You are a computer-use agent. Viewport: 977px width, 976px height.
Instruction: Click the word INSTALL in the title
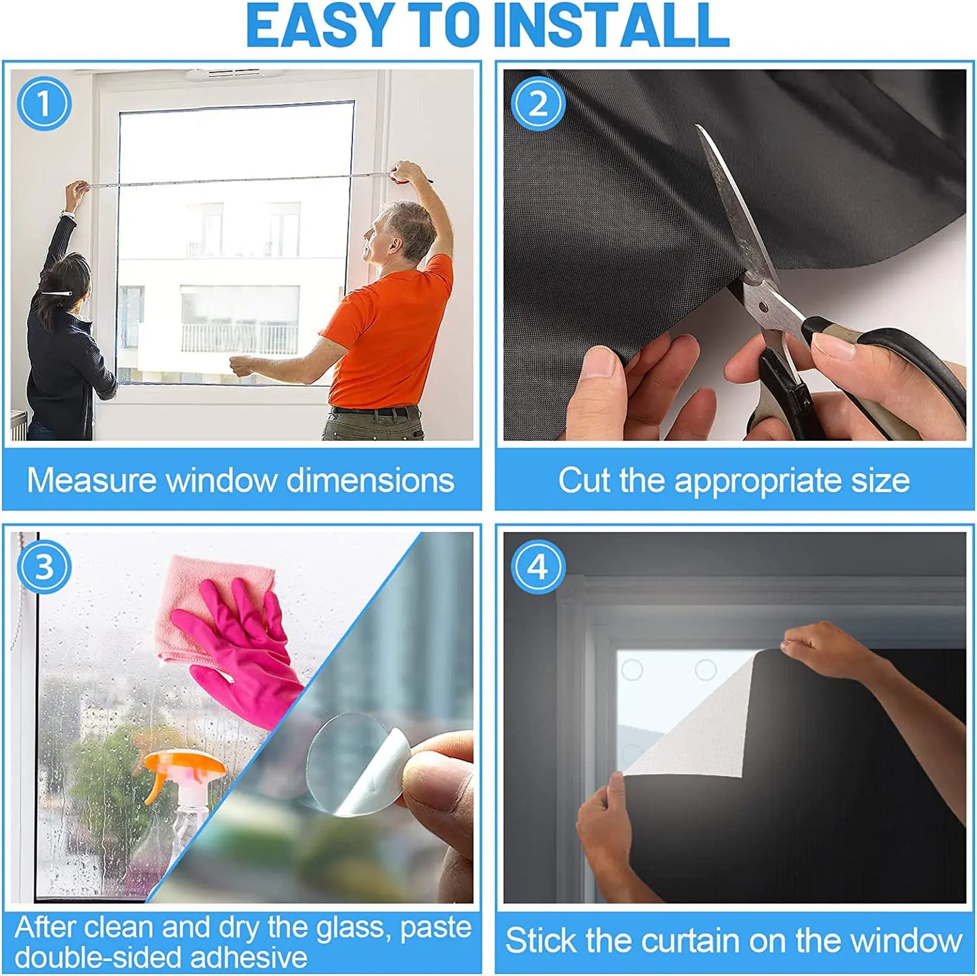click(x=612, y=26)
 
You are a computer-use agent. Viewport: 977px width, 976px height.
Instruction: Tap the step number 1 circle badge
click(x=44, y=103)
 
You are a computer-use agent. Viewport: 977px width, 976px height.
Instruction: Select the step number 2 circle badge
click(x=538, y=103)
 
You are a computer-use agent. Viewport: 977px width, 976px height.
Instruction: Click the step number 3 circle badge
click(x=44, y=566)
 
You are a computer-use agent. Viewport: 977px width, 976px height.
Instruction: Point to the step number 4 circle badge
click(x=538, y=566)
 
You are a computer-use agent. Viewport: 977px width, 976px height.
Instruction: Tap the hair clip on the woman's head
click(x=59, y=294)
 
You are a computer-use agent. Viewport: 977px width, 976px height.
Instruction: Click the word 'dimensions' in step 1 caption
click(x=370, y=481)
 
